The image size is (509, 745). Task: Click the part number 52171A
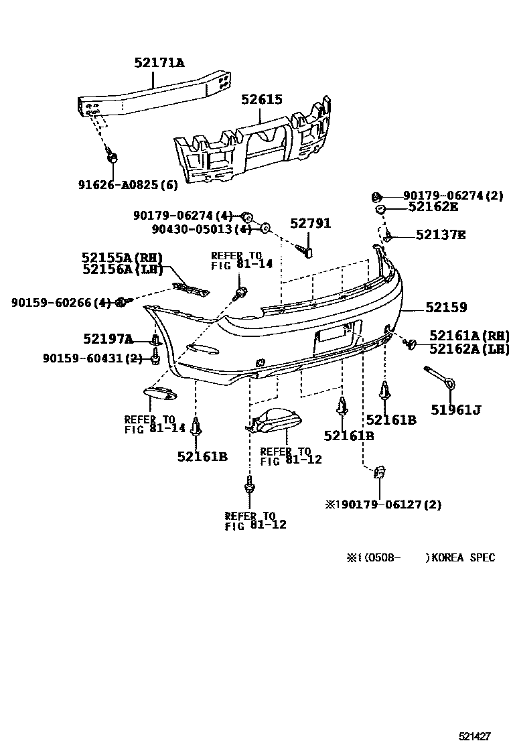(159, 64)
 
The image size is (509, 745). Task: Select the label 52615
(262, 100)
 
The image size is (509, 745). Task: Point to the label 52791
(310, 224)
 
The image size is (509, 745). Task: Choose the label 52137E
(440, 234)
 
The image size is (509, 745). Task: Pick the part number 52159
(455, 308)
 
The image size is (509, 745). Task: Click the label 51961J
(456, 410)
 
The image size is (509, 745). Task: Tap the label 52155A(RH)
(123, 257)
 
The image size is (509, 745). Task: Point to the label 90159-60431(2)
(77, 358)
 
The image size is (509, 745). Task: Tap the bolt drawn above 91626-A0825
(113, 158)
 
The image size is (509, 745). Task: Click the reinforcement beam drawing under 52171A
(154, 93)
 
